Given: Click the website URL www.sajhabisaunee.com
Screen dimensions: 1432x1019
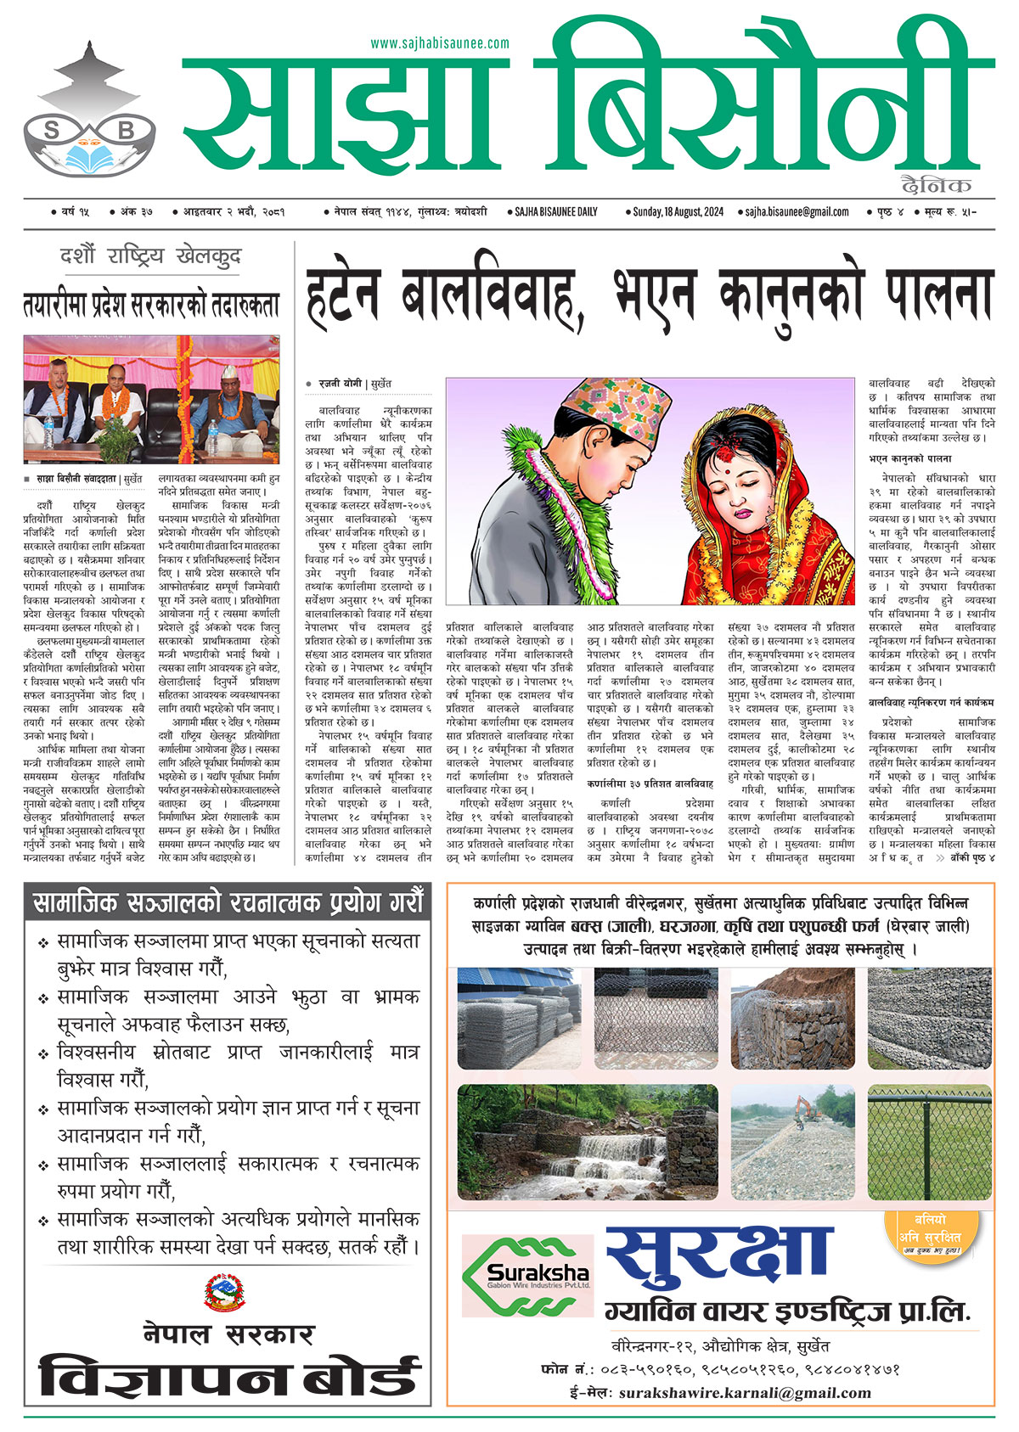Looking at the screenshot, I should tap(440, 43).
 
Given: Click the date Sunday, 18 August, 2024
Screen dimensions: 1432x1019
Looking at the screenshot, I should tap(678, 212).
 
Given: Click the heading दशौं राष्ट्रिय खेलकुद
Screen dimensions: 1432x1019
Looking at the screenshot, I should tap(150, 256).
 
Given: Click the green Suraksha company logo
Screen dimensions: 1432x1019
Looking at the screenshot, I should tap(526, 1276).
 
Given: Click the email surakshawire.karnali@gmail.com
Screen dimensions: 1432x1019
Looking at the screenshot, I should tap(745, 1393).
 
